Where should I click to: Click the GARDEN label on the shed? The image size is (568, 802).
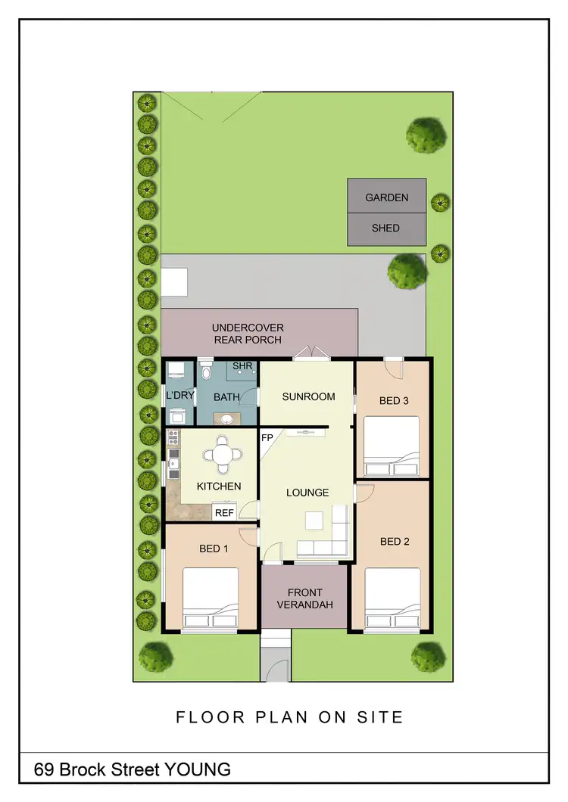click(x=386, y=197)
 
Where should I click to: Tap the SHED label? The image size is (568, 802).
click(x=385, y=228)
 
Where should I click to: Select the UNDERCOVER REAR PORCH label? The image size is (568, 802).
click(x=248, y=334)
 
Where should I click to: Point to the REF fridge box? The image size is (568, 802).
click(x=224, y=512)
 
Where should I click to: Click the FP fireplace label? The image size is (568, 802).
click(x=267, y=438)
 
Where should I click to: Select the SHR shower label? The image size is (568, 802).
click(x=242, y=366)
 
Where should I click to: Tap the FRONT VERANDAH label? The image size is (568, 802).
click(x=304, y=598)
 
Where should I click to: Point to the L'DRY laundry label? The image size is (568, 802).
click(x=180, y=396)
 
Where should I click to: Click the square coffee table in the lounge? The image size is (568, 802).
click(x=314, y=521)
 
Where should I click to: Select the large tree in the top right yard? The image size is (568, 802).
click(x=426, y=135)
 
